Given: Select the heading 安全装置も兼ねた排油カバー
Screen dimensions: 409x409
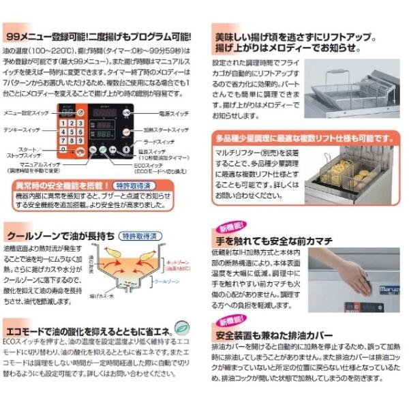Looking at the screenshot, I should click(273, 335).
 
